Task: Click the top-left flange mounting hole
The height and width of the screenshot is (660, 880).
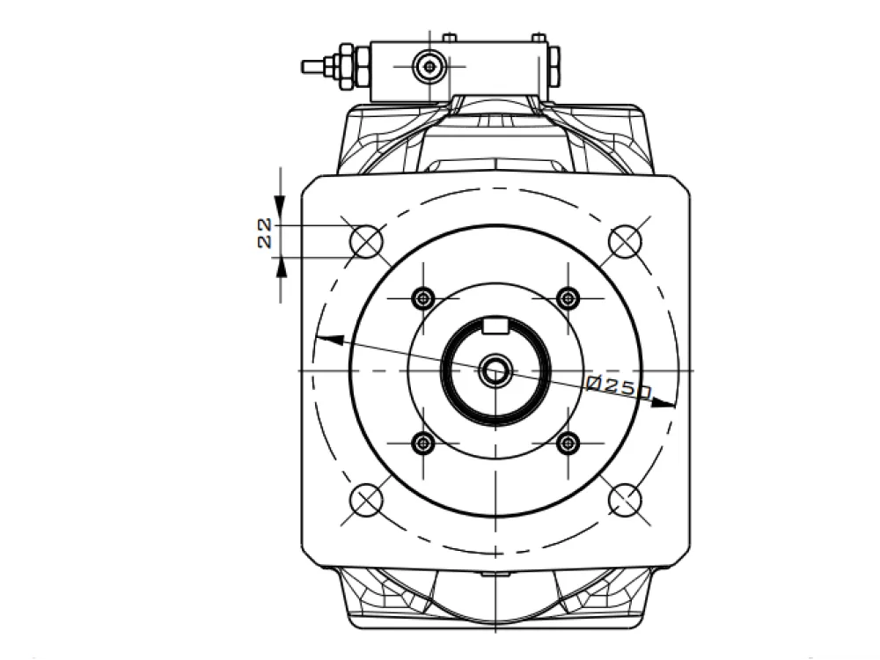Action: (x=366, y=242)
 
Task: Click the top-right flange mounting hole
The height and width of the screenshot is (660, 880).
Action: (x=625, y=241)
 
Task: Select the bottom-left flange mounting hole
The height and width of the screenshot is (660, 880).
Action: (x=366, y=499)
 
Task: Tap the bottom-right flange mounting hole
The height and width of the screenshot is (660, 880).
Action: (x=625, y=499)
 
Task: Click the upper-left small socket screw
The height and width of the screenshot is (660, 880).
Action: (x=423, y=298)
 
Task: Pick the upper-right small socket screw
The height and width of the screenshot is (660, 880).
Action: (x=568, y=298)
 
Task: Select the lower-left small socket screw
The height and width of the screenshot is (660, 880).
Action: (x=423, y=444)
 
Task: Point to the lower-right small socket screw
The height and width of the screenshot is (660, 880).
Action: (x=568, y=444)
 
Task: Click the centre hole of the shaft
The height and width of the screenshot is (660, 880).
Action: (x=495, y=370)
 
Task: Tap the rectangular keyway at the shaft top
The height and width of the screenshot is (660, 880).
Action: (x=495, y=326)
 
